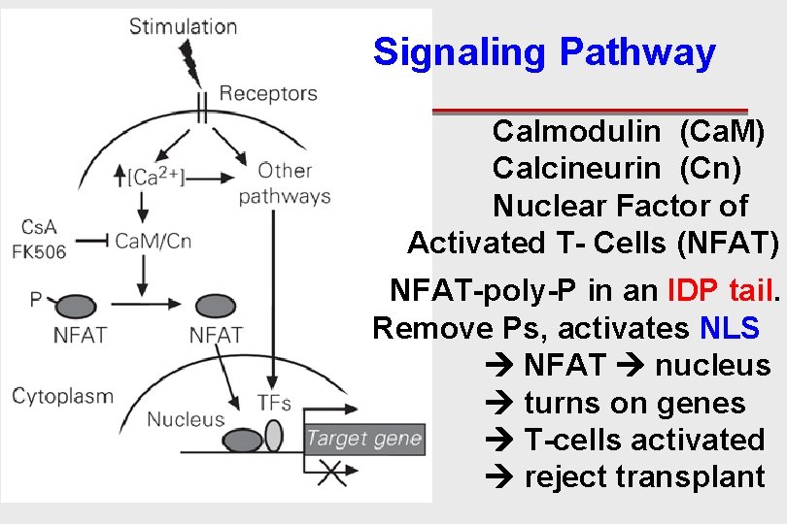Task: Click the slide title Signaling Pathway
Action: pyautogui.click(x=544, y=52)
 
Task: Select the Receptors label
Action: pyautogui.click(x=268, y=94)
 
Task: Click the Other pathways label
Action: pyautogui.click(x=285, y=183)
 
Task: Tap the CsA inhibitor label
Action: pyautogui.click(x=39, y=227)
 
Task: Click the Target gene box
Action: pyautogui.click(x=364, y=439)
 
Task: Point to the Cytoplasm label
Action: pyautogui.click(x=62, y=396)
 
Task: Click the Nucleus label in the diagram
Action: pyautogui.click(x=185, y=419)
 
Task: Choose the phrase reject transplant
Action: pyautogui.click(x=644, y=476)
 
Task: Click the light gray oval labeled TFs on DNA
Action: pyautogui.click(x=274, y=435)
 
